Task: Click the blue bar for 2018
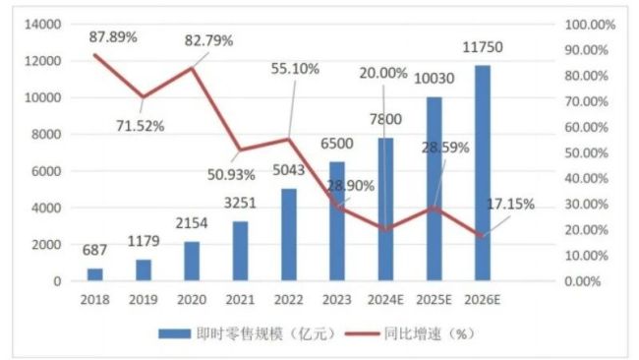[x=94, y=274]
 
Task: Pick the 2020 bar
[x=191, y=261]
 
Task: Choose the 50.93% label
[x=231, y=174]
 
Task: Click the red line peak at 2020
[x=192, y=68]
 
